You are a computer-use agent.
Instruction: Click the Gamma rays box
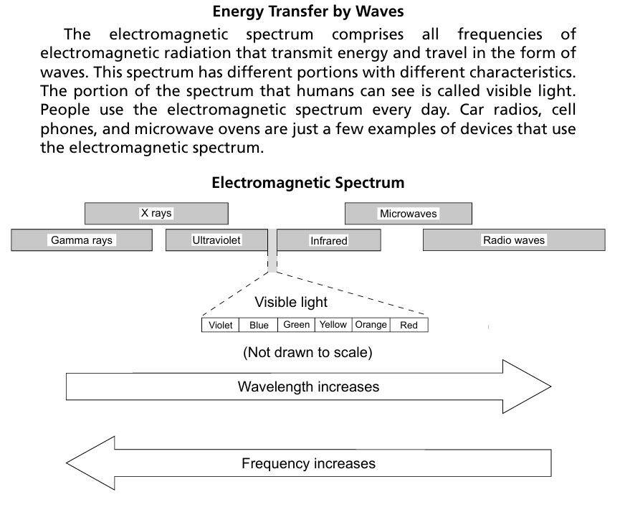click(82, 240)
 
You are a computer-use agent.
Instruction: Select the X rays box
click(156, 214)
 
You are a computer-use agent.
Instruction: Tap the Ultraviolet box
click(216, 240)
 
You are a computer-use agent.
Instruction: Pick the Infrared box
click(328, 241)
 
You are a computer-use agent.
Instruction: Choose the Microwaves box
click(408, 214)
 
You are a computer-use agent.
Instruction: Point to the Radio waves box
click(514, 240)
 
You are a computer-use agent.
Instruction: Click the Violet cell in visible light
click(221, 326)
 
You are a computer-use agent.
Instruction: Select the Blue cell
click(259, 326)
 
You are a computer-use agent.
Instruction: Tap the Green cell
click(297, 325)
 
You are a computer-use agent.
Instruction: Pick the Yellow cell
click(333, 325)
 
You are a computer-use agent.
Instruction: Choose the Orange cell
click(371, 325)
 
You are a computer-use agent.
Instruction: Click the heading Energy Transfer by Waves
click(308, 11)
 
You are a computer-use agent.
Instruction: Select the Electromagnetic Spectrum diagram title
click(307, 183)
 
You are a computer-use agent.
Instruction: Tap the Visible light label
click(291, 303)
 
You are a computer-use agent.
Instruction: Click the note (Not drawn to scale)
click(307, 353)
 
